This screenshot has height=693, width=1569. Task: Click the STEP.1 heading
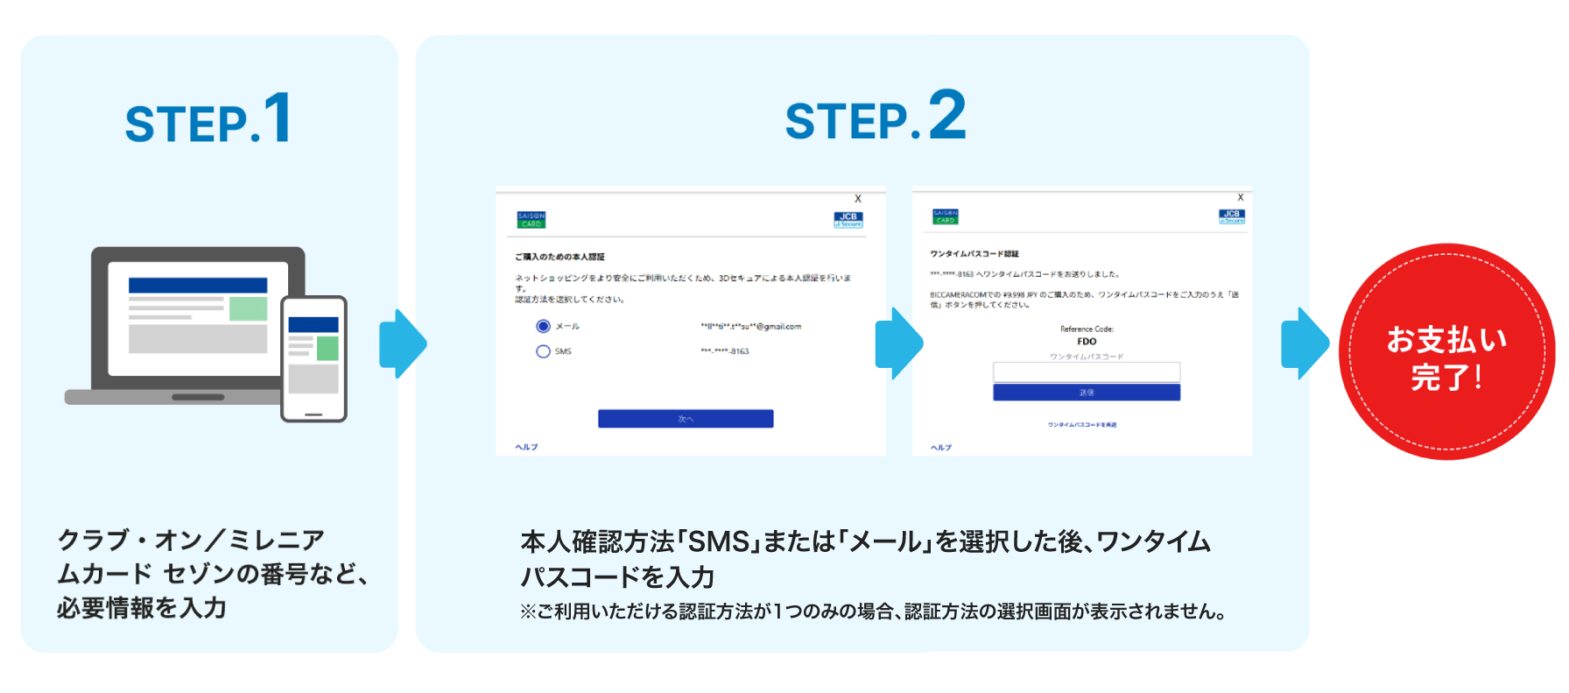pyautogui.click(x=208, y=120)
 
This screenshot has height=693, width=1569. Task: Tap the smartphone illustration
pyautogui.click(x=313, y=359)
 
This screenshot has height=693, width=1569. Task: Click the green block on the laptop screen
pyautogui.click(x=248, y=308)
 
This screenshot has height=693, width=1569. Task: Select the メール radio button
pyautogui.click(x=543, y=326)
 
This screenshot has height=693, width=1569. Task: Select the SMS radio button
pyautogui.click(x=543, y=351)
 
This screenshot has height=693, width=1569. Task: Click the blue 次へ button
pyautogui.click(x=686, y=419)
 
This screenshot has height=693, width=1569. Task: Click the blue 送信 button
pyautogui.click(x=1086, y=392)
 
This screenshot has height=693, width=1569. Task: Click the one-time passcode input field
pyautogui.click(x=1086, y=371)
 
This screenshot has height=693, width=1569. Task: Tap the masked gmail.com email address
pyautogui.click(x=750, y=326)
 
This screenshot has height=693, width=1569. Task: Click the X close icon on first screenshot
pyautogui.click(x=858, y=199)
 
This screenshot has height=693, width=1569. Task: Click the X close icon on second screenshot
pyautogui.click(x=1240, y=198)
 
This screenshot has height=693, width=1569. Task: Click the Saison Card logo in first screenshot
pyautogui.click(x=531, y=220)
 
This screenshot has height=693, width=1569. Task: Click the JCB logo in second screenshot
pyautogui.click(x=1231, y=216)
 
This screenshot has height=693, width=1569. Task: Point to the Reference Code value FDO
pyautogui.click(x=1087, y=342)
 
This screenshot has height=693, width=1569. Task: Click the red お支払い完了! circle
pyautogui.click(x=1446, y=352)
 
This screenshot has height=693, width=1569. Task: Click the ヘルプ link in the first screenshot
pyautogui.click(x=526, y=447)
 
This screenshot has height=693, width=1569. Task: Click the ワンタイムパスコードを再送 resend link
pyautogui.click(x=1082, y=425)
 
